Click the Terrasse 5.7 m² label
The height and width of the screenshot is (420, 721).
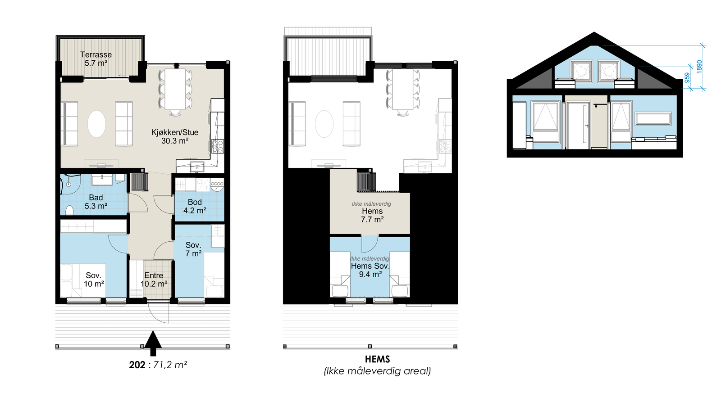(96, 59)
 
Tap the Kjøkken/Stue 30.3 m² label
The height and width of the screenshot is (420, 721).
(174, 136)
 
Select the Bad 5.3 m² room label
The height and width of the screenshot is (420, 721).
(96, 202)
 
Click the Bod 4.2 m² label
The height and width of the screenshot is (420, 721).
(195, 206)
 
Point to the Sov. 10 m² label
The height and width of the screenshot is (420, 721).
(94, 280)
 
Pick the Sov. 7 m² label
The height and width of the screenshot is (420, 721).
(193, 249)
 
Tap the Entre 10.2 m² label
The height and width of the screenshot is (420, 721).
(154, 280)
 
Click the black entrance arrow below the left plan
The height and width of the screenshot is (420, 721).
(153, 343)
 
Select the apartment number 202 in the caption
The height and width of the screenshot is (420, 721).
(137, 365)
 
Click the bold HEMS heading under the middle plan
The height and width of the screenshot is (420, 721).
(377, 359)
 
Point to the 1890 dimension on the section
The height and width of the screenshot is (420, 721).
(699, 67)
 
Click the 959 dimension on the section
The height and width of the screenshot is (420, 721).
(687, 77)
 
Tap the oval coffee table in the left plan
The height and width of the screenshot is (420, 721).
(96, 124)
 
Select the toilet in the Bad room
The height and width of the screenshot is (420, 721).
(69, 210)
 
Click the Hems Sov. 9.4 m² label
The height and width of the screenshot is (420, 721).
(370, 270)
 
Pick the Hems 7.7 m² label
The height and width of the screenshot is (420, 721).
(372, 215)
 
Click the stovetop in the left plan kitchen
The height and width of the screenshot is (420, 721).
(218, 146)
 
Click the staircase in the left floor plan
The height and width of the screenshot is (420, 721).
(139, 182)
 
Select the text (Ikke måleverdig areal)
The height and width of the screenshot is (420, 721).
(377, 371)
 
